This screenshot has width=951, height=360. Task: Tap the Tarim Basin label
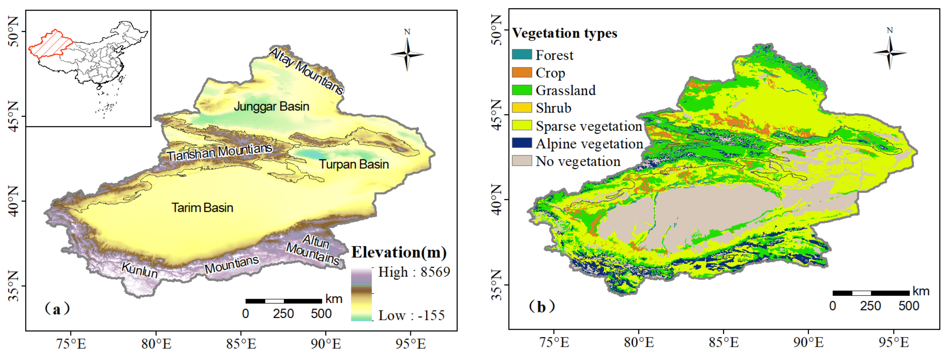[x=202, y=208]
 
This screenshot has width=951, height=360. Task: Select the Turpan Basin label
[x=354, y=164]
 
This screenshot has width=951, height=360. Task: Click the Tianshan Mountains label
[x=220, y=152]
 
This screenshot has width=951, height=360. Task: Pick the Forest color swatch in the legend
[x=522, y=55]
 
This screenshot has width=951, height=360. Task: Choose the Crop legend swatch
[x=522, y=72]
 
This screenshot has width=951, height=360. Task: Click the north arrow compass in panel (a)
[x=407, y=54]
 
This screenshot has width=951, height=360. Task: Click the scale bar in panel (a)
[x=283, y=301]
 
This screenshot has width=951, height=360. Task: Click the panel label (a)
[x=57, y=308]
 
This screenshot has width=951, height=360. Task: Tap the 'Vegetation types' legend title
[x=565, y=33]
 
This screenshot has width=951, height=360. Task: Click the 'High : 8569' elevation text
[x=414, y=272]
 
